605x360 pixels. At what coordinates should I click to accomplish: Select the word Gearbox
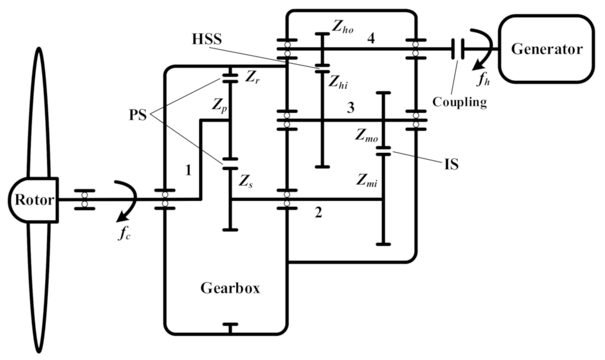pyautogui.click(x=230, y=288)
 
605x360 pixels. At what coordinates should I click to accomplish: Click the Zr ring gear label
pyautogui.click(x=253, y=77)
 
